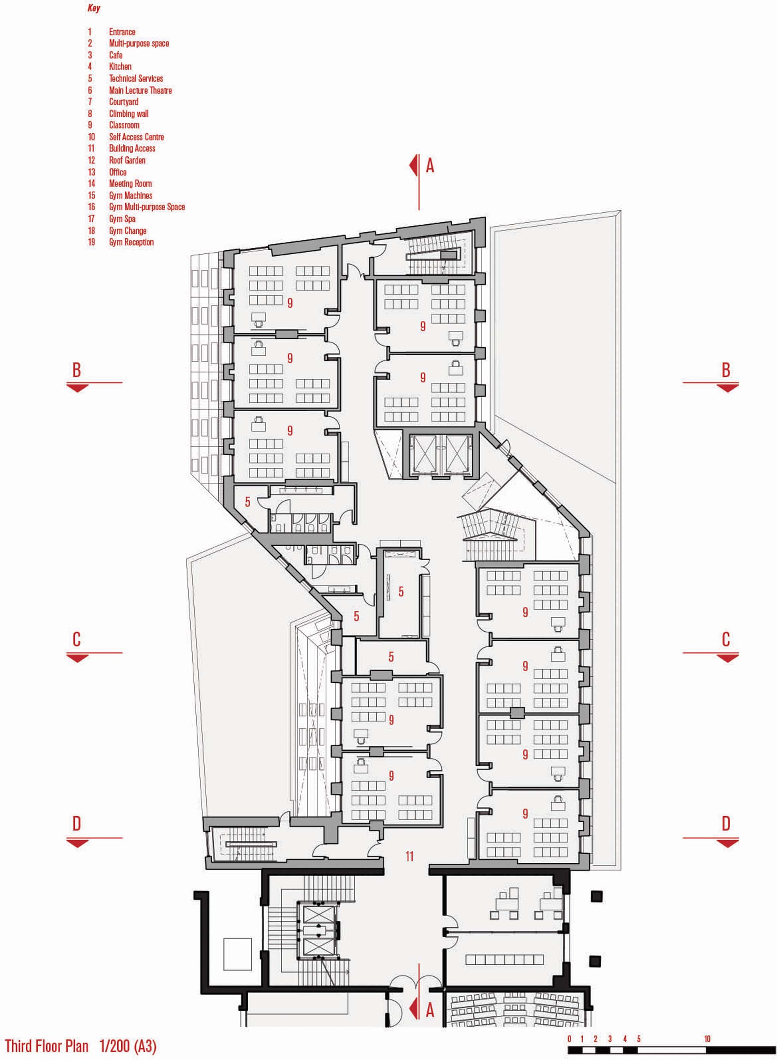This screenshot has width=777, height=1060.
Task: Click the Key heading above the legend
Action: [x=94, y=9]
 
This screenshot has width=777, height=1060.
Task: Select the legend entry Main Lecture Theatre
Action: [x=140, y=90]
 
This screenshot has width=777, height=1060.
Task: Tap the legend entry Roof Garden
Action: [x=127, y=161]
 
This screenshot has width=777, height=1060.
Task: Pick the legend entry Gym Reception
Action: [x=131, y=242]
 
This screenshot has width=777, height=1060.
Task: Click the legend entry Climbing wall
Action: [x=129, y=114]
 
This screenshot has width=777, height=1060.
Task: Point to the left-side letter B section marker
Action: [x=77, y=370]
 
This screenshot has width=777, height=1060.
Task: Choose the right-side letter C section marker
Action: [x=726, y=640]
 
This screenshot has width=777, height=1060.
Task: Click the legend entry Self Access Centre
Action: [x=136, y=137]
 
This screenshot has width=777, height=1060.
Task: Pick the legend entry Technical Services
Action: [x=136, y=79]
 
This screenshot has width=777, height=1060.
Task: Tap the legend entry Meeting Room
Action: [x=130, y=184]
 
